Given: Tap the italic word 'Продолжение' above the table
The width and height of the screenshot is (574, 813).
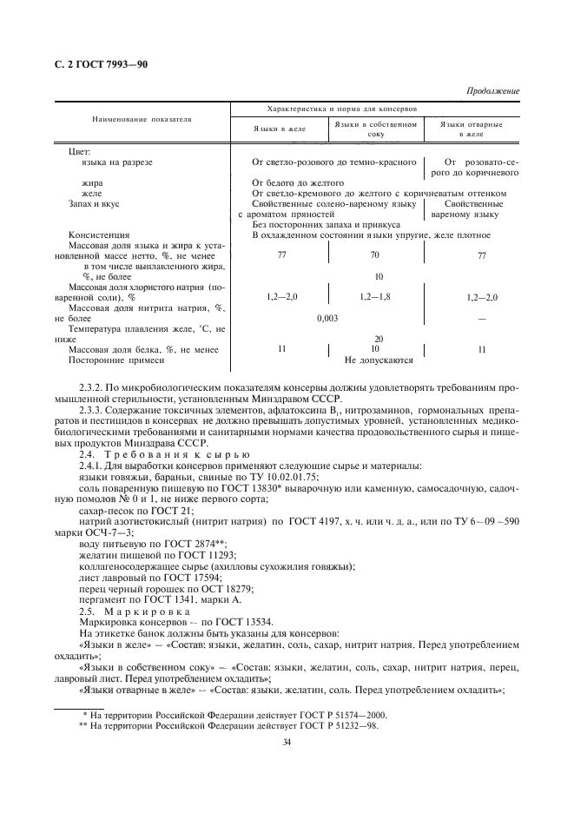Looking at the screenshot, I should pos(493,90).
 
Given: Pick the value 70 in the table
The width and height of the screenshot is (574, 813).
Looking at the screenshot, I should pos(374,256).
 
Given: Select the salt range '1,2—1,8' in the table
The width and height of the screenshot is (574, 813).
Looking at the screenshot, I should pos(374,297).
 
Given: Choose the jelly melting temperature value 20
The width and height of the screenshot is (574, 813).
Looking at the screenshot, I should pos(378,340).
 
